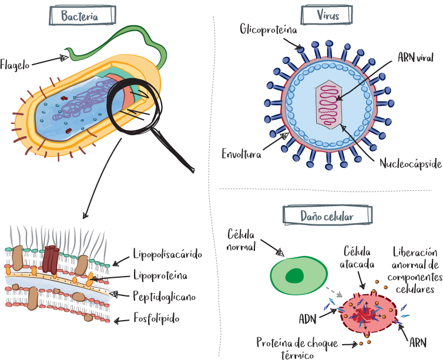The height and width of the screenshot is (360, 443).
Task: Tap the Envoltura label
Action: coord(241,154)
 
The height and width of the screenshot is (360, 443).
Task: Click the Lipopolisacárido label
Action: coord(167,254)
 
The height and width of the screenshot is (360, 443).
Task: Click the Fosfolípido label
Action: coord(156,318)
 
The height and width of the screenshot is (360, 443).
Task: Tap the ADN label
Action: coord(308,319)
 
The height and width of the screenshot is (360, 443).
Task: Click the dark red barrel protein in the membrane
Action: coord(52,256)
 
